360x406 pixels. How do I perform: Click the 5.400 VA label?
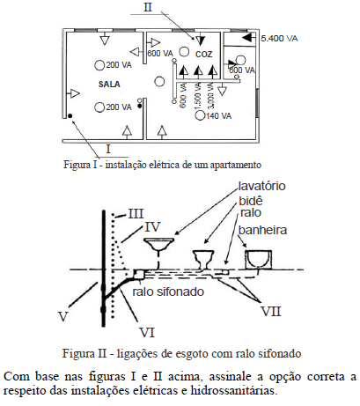[x=279, y=39]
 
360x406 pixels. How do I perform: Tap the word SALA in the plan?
[x=109, y=85]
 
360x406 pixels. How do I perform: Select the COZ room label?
[x=203, y=55]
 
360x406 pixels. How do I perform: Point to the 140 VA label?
[x=218, y=116]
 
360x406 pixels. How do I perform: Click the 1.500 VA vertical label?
[x=197, y=95]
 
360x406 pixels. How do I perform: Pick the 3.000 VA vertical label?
[x=211, y=95]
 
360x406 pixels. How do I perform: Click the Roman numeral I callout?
[x=108, y=149]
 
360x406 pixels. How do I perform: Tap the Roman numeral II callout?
[x=148, y=7]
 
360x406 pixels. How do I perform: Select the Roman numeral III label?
[x=136, y=214]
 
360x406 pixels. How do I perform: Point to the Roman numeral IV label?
[x=153, y=227]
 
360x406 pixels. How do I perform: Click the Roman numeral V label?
[x=63, y=317]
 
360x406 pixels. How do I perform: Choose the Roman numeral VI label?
[x=147, y=333]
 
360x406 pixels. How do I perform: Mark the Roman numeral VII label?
[x=271, y=311]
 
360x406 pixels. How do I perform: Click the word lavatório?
[x=261, y=186]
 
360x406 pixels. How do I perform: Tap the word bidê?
[x=251, y=201]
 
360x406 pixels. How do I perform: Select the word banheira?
[x=262, y=230]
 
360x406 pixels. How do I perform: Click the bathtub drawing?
[x=258, y=260]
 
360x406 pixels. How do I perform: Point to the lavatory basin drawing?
[x=159, y=244]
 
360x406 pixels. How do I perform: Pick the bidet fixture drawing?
[x=203, y=259]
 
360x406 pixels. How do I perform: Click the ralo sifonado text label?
[x=168, y=292]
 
